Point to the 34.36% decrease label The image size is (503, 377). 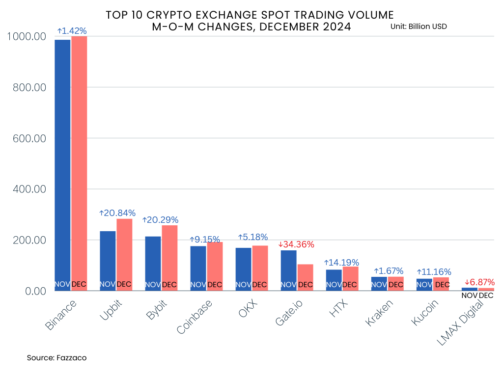296,244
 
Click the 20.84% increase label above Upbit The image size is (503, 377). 117,213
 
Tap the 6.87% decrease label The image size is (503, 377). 479,282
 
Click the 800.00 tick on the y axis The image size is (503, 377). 31,87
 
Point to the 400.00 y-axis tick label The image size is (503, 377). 31,189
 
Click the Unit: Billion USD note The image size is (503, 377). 419,27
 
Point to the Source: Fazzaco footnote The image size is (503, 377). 56,358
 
